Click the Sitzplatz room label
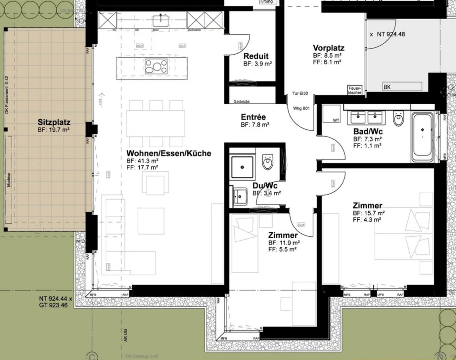[54, 122]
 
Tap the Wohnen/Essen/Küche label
[168, 153]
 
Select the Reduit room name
[256, 56]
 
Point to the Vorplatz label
[328, 48]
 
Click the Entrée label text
[253, 117]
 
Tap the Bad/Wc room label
[368, 132]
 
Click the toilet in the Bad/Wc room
[398, 119]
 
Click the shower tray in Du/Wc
[242, 167]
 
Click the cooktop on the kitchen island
[156, 67]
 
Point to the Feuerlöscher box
[354, 90]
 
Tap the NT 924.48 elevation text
[391, 34]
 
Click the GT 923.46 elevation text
[53, 305]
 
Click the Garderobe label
[242, 101]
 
